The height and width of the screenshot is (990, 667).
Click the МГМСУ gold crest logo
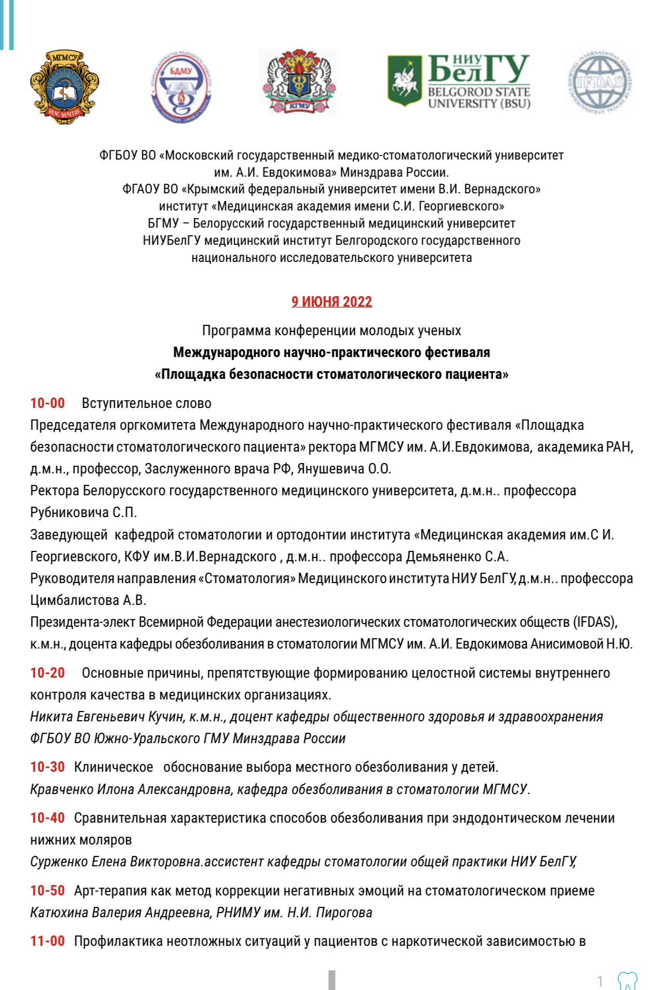(x=64, y=87)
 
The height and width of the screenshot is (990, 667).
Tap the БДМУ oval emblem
(x=181, y=87)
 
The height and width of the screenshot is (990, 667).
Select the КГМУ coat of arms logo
(x=299, y=82)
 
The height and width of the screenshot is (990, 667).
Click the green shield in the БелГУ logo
(x=404, y=81)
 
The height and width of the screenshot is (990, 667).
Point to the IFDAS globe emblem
(x=599, y=82)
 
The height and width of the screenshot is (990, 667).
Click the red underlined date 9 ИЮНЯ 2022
(x=331, y=302)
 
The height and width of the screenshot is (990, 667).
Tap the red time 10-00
(x=47, y=403)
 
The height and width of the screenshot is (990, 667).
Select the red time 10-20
(x=47, y=673)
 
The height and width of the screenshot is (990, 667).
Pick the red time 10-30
(x=47, y=767)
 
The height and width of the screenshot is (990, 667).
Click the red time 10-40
(x=47, y=818)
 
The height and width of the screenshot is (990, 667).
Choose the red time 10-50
(x=47, y=891)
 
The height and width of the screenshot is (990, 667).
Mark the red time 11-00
(x=47, y=941)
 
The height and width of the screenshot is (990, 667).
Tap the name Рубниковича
(x=70, y=512)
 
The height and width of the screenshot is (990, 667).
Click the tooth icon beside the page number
(x=627, y=981)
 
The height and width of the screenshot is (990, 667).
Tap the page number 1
(x=600, y=981)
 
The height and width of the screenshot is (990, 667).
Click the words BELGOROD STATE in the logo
(x=478, y=92)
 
